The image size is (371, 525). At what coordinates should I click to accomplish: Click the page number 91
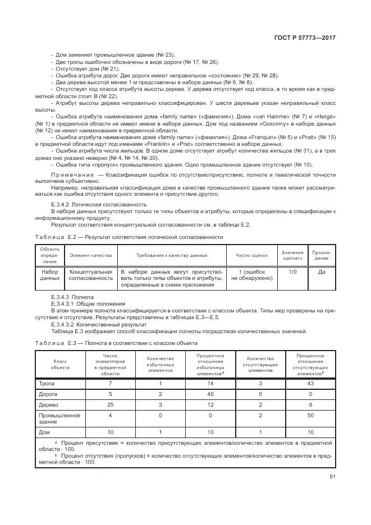pos(332,477)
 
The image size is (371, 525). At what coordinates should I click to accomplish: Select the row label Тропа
pos(46,383)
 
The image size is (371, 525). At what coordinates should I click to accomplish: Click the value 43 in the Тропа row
pos(310,383)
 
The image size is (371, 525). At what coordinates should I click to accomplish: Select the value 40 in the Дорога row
pos(210,394)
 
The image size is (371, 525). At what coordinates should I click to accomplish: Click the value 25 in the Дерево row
pos(109,404)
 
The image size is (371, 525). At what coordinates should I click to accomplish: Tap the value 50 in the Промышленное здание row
pos(310,416)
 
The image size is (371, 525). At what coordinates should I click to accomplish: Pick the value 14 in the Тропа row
pos(210,383)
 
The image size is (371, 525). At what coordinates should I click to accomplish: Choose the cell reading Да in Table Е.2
pos(322,271)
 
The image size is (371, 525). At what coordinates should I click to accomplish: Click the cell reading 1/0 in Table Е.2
pos(292,271)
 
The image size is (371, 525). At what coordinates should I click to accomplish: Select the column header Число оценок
pos(251,255)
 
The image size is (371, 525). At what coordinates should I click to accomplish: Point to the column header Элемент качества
pos(90,255)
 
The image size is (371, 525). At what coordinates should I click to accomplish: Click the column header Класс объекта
pos(60,365)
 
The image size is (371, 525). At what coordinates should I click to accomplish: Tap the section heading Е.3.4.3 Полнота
pos(72,296)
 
